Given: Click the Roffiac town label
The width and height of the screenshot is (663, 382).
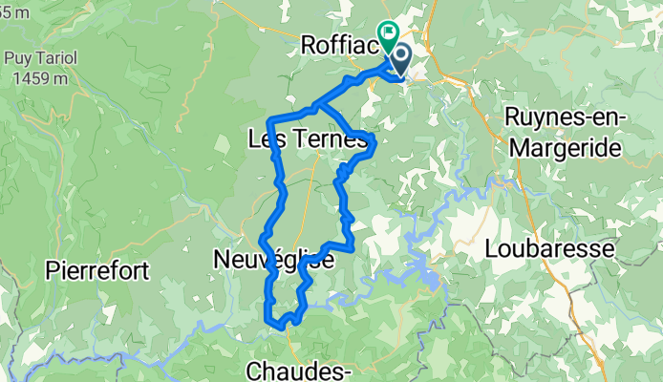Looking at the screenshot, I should click(x=340, y=44).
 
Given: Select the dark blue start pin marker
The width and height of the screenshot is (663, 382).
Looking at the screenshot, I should click(x=398, y=59).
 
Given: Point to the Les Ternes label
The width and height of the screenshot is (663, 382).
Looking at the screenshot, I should click(x=307, y=140).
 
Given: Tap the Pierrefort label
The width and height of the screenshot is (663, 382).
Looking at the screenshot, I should click(x=96, y=271).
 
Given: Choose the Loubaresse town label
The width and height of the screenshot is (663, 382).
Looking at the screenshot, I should click(x=547, y=248).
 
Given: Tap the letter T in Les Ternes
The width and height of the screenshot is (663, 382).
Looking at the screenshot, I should click(x=292, y=140).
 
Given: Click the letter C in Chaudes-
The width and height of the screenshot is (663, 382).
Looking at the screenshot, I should click(x=254, y=370).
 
